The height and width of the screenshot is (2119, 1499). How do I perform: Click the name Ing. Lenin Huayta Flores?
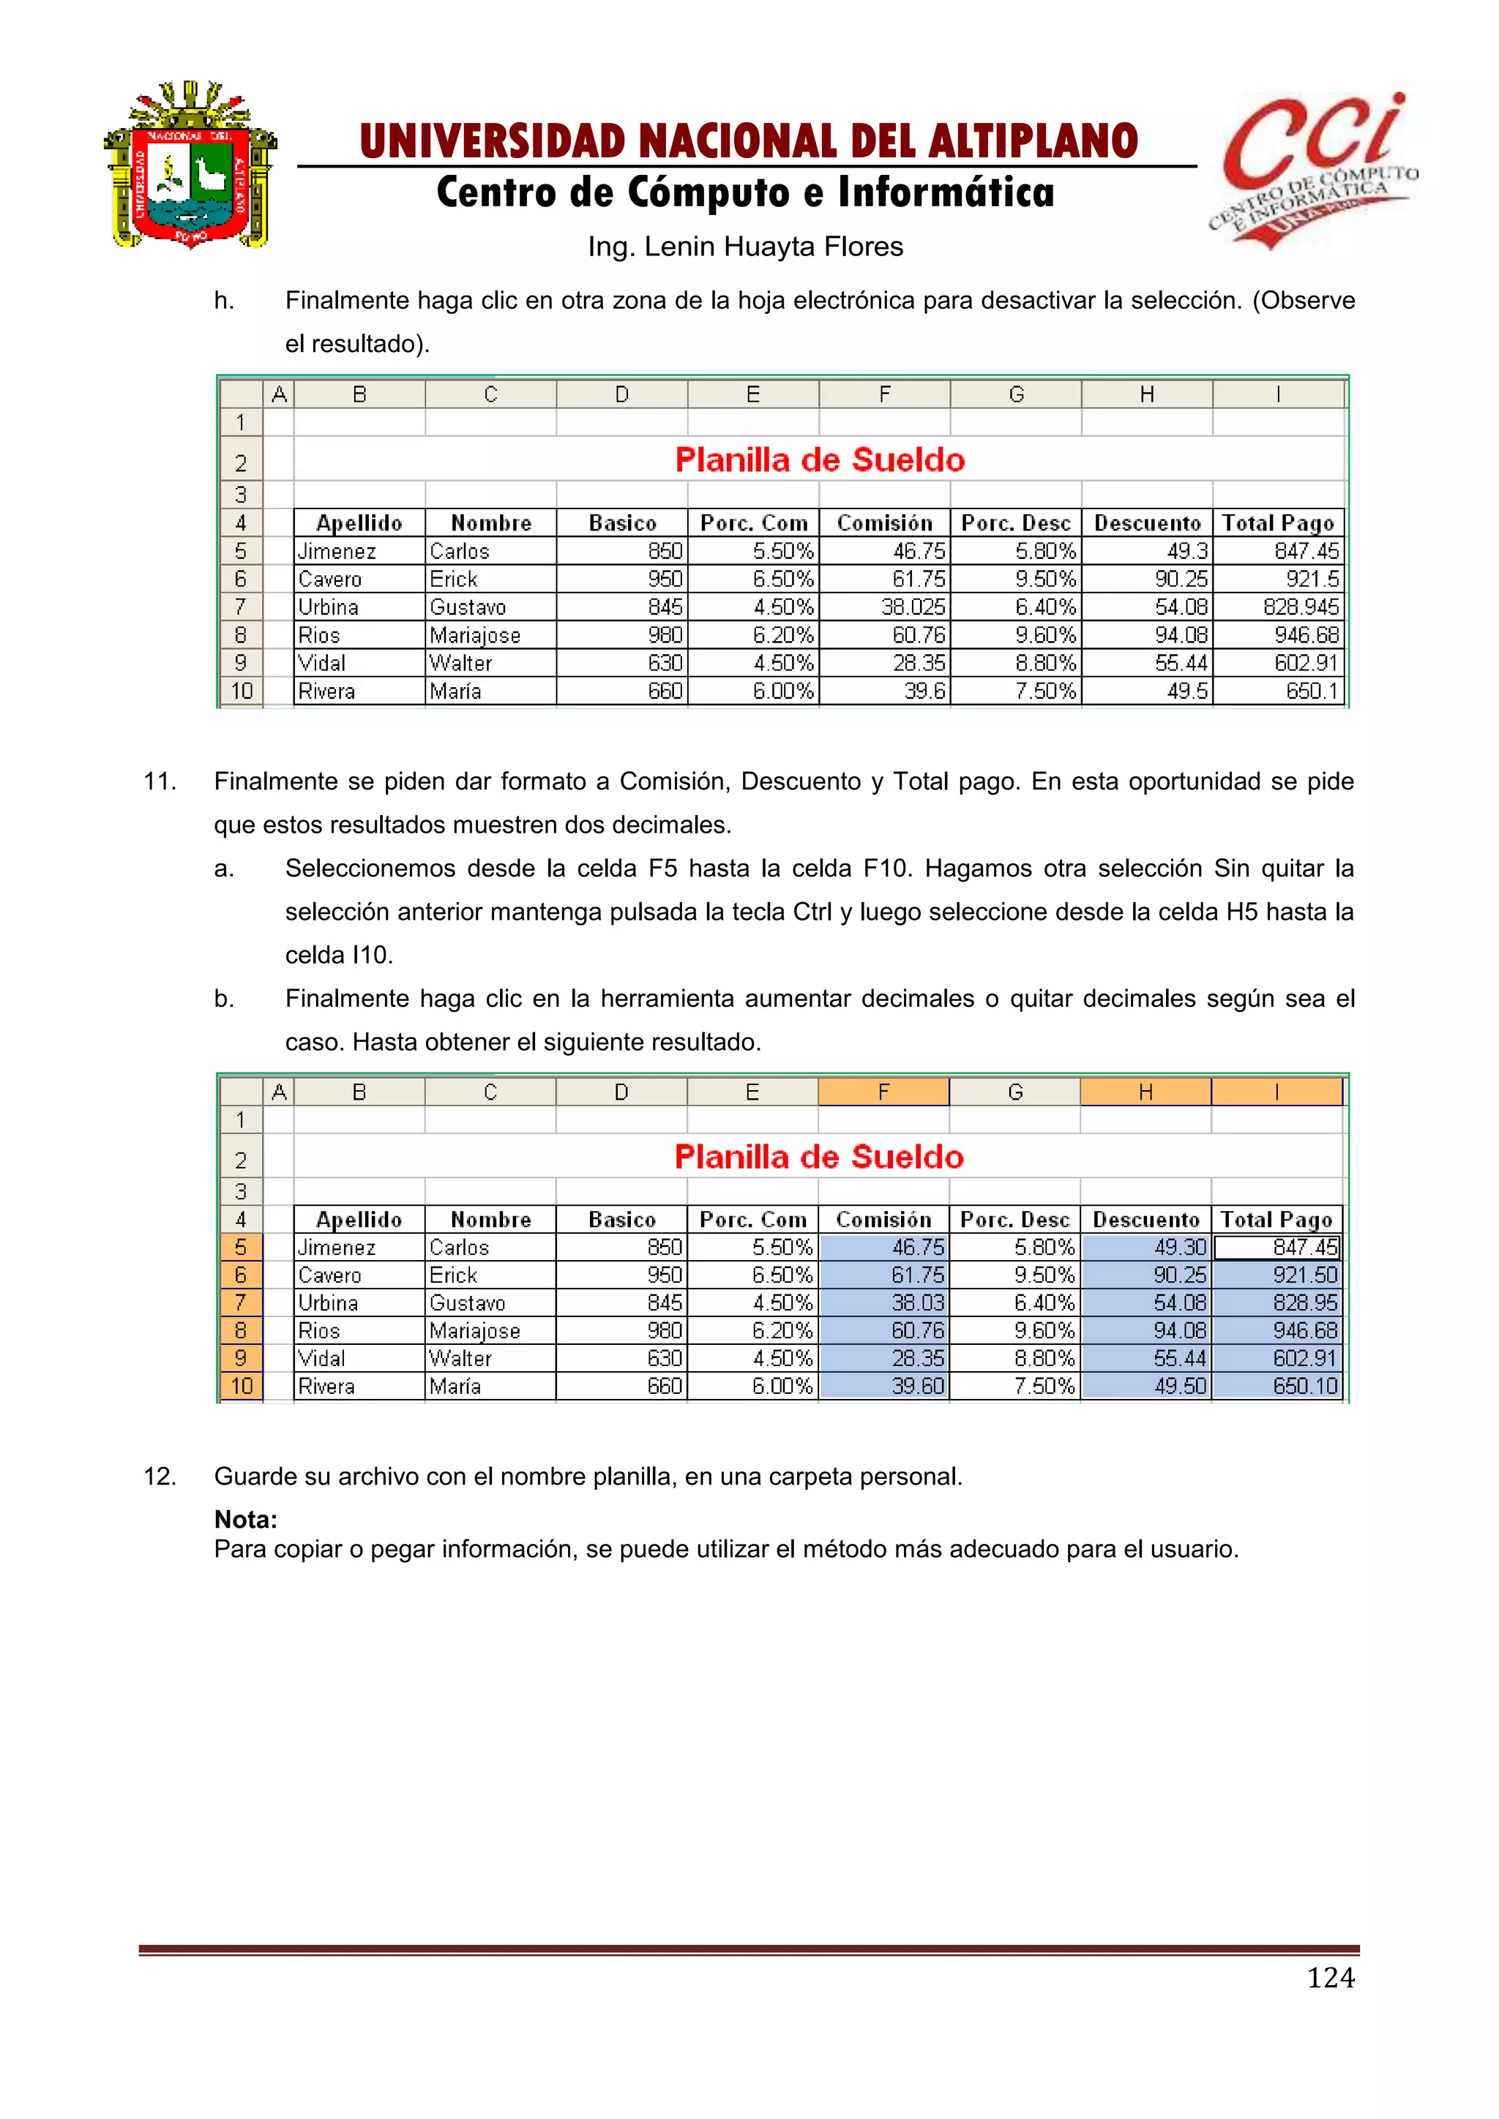pos(746,247)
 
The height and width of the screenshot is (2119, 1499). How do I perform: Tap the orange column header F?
pos(883,1092)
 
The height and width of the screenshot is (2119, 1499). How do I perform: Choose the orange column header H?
pos(1145,1092)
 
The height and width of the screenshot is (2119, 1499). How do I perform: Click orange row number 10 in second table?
pos(242,1387)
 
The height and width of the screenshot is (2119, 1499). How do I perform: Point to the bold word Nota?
pos(245,1520)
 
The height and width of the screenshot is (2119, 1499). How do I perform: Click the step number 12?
pos(160,1477)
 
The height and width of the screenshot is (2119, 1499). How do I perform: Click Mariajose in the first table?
pos(475,636)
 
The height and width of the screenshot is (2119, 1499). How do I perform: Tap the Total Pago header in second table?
pos(1276,1220)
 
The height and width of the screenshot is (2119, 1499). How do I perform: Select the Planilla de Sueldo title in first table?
pos(820,460)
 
